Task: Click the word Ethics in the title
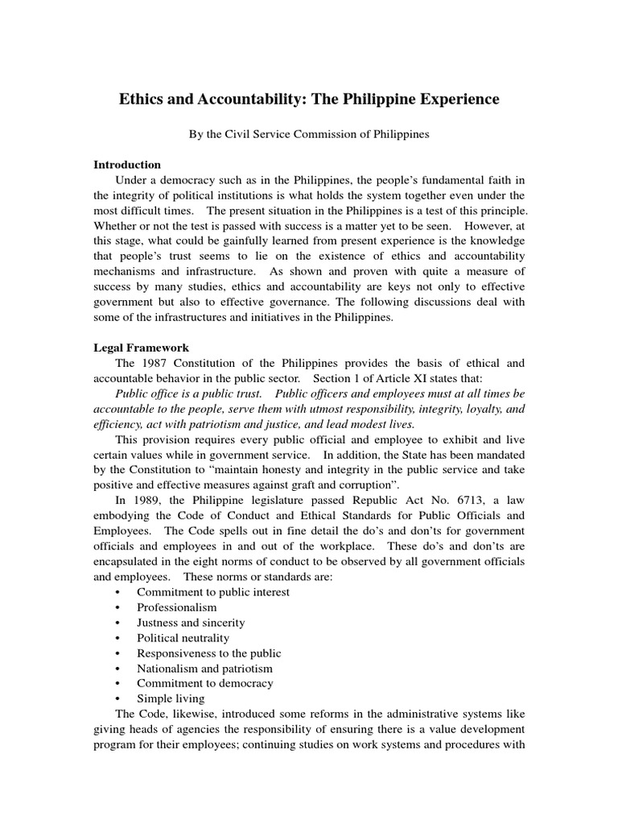click(x=142, y=99)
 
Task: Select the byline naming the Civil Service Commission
click(x=309, y=135)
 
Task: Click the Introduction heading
click(x=127, y=164)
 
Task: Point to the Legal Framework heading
click(x=142, y=348)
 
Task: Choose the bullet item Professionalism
click(x=176, y=608)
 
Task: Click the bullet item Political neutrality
click(x=183, y=638)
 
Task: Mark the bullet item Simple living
click(x=170, y=698)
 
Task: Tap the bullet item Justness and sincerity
click(x=191, y=623)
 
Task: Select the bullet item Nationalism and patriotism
click(x=204, y=668)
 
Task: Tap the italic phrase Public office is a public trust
click(x=188, y=393)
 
